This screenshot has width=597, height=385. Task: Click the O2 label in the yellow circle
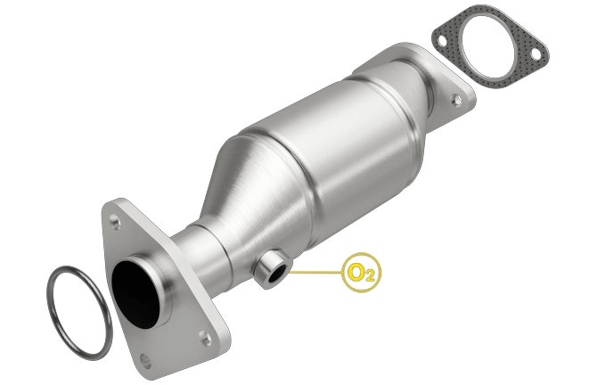point(361,273)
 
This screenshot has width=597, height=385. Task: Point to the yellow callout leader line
point(316,273)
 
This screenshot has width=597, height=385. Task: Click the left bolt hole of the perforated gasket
point(442,41)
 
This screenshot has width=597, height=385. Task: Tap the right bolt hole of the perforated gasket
point(536,54)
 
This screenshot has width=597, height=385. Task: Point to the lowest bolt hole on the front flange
point(145,361)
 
